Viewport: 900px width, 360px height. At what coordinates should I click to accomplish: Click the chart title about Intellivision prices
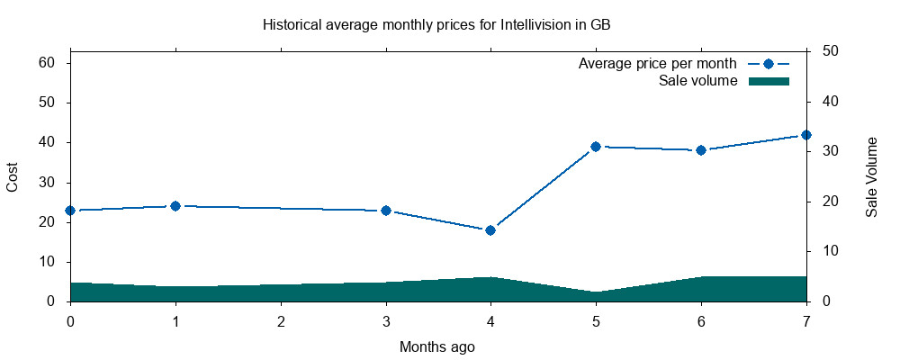click(436, 24)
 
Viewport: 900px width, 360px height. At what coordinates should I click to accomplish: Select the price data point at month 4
click(490, 230)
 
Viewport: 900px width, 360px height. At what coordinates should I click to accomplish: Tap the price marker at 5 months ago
click(596, 147)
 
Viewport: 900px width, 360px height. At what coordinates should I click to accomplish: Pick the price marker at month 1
click(175, 206)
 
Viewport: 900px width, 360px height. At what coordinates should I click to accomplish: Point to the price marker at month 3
click(386, 211)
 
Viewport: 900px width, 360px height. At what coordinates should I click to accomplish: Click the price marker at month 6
click(701, 150)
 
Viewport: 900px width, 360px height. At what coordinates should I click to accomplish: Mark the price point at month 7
click(806, 135)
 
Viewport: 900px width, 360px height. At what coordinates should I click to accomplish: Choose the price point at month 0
click(70, 211)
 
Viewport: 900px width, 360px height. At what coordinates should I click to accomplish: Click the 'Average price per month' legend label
click(658, 64)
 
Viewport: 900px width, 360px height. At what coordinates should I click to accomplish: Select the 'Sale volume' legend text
click(698, 81)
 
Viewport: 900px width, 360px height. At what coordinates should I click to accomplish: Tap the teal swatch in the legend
click(769, 81)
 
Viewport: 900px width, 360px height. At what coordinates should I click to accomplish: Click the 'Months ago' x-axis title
click(437, 346)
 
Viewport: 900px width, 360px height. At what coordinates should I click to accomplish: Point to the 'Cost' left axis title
click(13, 177)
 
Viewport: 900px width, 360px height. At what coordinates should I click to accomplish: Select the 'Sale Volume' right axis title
click(871, 177)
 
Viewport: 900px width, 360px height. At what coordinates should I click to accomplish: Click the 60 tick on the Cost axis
click(48, 63)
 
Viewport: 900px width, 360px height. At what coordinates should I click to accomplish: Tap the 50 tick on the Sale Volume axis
click(831, 51)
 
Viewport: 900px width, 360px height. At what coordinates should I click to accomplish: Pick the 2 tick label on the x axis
click(281, 321)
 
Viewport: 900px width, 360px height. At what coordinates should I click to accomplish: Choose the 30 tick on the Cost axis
click(48, 183)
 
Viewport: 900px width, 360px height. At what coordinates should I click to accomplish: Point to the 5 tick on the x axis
click(596, 321)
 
